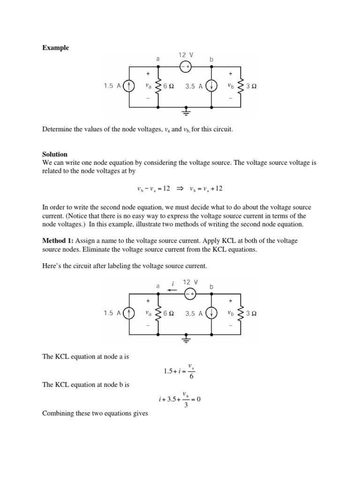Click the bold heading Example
(x=56, y=48)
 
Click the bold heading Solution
(x=55, y=154)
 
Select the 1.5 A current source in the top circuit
(x=130, y=86)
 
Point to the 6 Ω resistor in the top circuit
(x=158, y=86)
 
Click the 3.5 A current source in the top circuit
(x=212, y=86)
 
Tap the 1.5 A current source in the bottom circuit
(x=130, y=314)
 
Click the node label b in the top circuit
(x=211, y=60)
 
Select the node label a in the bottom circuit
(x=158, y=286)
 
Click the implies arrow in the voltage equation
(x=179, y=188)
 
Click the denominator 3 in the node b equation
(x=186, y=405)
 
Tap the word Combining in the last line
(x=58, y=413)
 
